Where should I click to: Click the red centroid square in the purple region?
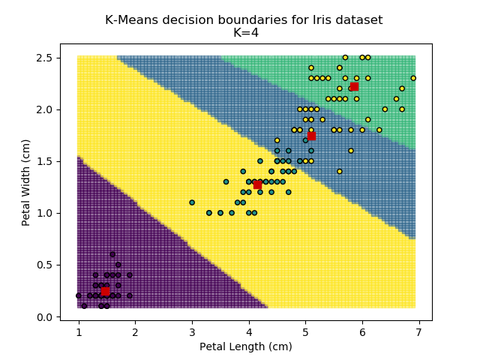click(106, 291)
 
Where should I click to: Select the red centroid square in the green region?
click(354, 86)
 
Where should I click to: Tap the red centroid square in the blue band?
click(311, 136)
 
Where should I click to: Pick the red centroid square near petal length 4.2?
click(257, 184)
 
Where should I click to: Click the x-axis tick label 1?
click(79, 331)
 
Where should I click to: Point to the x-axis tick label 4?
click(249, 331)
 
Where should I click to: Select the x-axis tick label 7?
click(418, 331)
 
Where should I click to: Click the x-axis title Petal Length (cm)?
click(245, 346)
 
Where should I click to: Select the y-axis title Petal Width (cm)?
click(26, 182)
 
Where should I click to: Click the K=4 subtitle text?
click(244, 32)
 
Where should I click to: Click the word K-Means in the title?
click(130, 20)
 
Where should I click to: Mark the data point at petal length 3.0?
click(192, 202)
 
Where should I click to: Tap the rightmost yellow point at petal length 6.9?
click(413, 78)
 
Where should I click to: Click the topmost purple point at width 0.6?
click(112, 254)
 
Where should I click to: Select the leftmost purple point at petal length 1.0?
click(79, 295)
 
